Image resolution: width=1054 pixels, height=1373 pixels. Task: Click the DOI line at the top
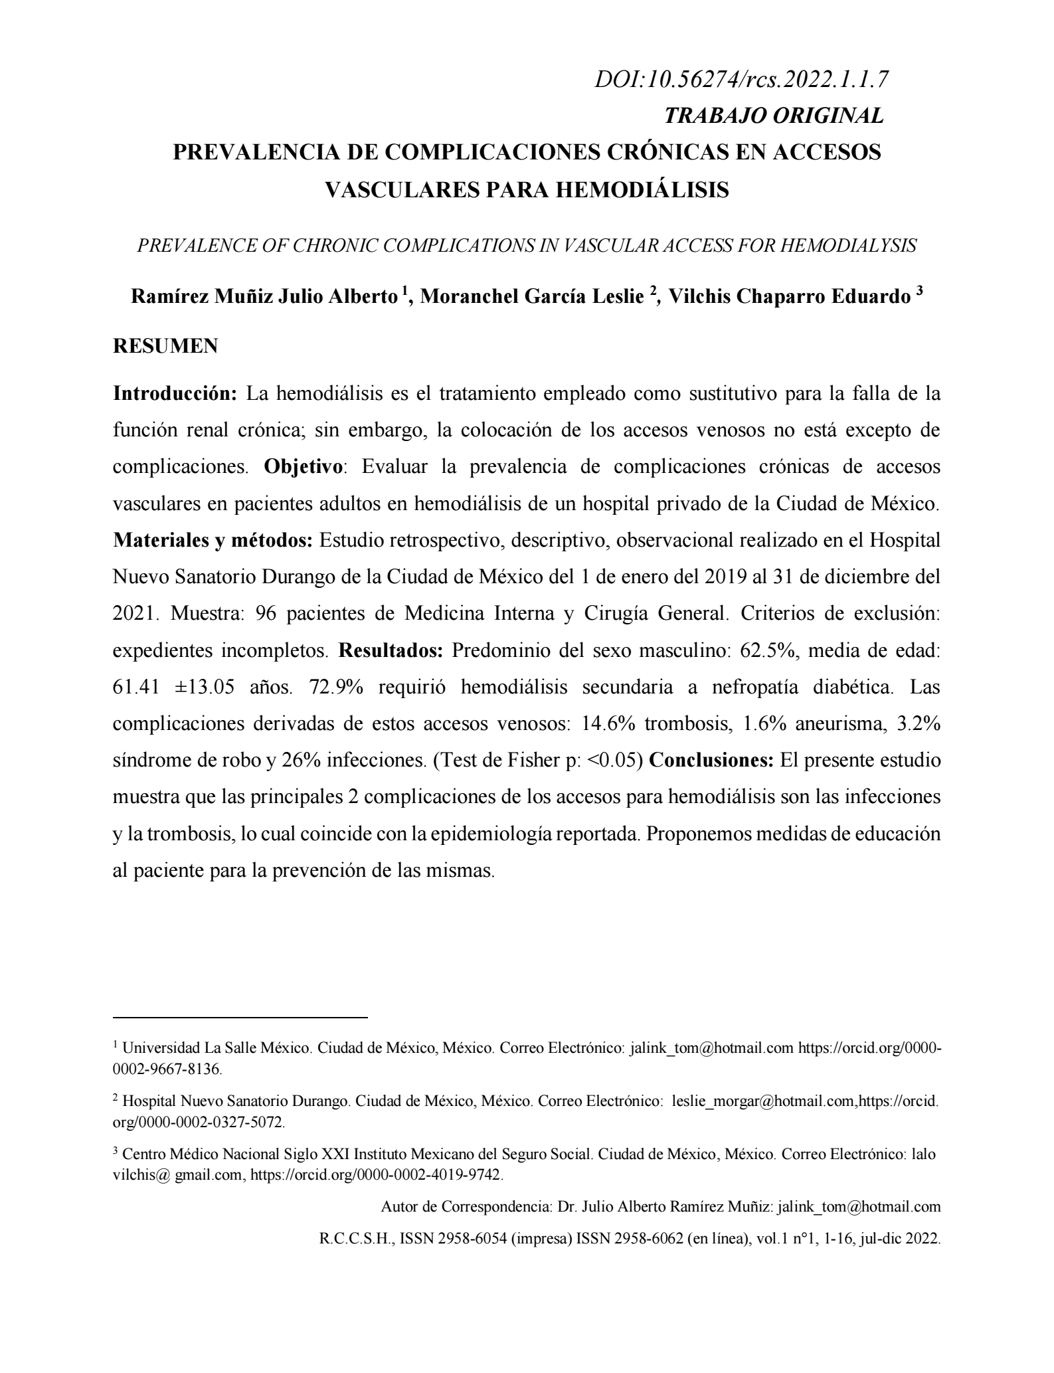coord(741,80)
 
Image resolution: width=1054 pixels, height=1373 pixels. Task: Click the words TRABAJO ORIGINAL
coord(774,116)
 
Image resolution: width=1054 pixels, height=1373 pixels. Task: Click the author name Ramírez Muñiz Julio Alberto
coord(264,296)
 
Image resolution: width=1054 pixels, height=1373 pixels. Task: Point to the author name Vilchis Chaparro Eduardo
coord(789,296)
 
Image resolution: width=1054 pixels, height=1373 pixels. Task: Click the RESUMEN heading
coord(165,347)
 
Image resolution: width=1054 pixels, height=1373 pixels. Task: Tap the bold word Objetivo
coord(304,467)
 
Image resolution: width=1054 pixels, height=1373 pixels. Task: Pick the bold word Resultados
coord(391,650)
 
